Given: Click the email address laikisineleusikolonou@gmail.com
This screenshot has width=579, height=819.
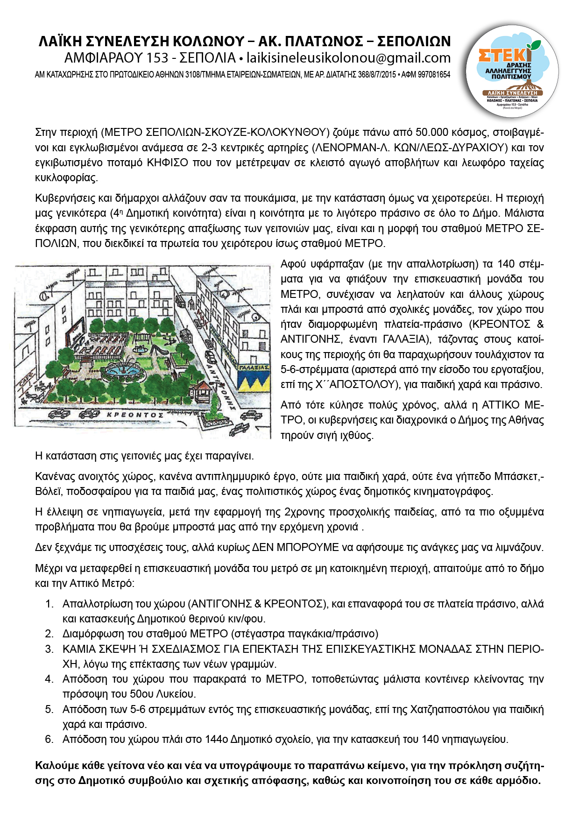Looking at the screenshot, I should click(348, 58).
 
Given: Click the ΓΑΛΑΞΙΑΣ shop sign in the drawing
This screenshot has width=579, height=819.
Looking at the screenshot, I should click(254, 367).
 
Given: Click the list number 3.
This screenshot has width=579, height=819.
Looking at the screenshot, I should click(49, 649).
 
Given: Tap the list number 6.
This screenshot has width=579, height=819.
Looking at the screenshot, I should click(49, 739).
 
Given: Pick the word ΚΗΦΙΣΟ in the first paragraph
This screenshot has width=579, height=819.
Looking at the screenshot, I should click(168, 162).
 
